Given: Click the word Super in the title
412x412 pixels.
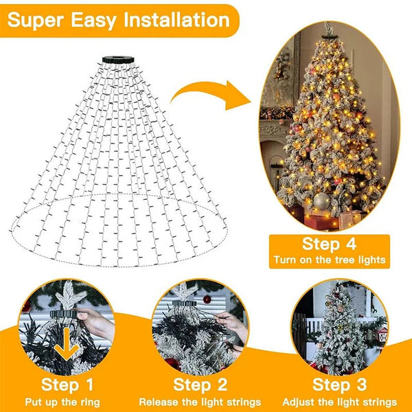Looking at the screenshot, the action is click(36, 20).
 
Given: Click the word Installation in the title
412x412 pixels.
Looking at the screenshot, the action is click(177, 20).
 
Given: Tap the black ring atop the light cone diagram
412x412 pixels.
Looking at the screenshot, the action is click(118, 60).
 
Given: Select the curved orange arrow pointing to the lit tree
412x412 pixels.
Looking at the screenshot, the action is click(210, 95).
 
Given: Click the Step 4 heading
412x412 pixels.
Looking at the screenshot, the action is click(329, 244).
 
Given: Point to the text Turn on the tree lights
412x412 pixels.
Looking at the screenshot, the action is click(330, 260).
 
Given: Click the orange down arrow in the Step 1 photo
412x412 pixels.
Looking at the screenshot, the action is click(67, 344).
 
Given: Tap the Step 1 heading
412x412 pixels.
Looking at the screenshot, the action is click(67, 385).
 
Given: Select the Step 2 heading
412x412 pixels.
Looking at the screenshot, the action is click(201, 385).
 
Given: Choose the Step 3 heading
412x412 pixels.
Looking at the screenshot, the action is click(339, 385).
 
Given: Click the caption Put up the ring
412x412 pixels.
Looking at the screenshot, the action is click(62, 402).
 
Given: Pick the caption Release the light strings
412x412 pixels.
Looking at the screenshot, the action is click(200, 402).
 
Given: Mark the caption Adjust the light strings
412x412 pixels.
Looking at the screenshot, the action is click(339, 402).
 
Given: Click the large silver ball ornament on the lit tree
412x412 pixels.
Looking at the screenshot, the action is click(321, 201).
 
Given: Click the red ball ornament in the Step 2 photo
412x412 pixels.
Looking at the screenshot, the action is click(207, 299).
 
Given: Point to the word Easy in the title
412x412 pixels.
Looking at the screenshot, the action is click(93, 21).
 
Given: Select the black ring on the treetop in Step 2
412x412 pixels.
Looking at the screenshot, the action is click(185, 304).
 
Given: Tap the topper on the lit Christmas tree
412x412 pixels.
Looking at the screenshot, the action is click(328, 31).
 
